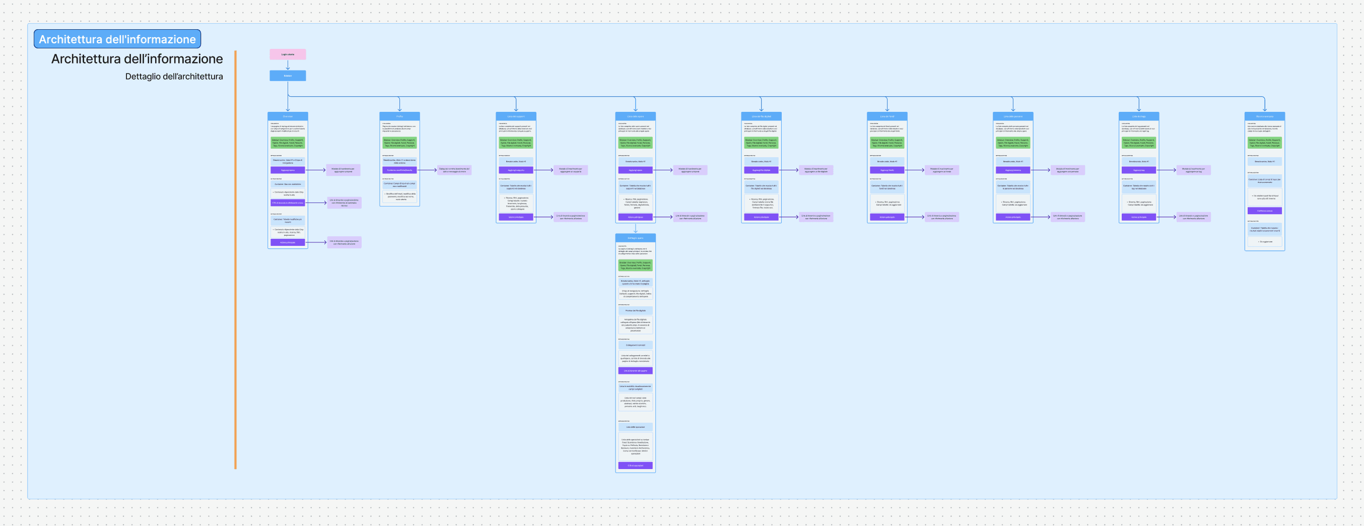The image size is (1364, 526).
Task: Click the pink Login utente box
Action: point(288,54)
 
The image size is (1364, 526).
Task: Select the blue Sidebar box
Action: point(288,76)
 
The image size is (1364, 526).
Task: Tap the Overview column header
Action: point(288,116)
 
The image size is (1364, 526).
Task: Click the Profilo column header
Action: point(399,116)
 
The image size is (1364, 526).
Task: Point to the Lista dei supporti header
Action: point(516,116)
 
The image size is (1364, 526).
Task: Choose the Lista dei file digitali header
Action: point(761,116)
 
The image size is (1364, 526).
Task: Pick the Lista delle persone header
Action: point(1012,116)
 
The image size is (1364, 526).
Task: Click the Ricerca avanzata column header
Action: point(1264,116)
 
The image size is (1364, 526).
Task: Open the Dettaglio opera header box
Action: point(635,238)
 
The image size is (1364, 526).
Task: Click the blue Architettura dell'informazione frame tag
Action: point(117,39)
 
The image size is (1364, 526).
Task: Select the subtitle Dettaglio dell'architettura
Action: point(174,76)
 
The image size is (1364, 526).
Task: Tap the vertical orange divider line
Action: point(235,259)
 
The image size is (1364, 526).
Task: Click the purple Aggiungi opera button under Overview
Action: point(288,170)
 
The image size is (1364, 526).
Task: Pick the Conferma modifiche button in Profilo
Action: point(399,170)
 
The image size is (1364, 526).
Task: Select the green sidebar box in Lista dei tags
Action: point(1138,143)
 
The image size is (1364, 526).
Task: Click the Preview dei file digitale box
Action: point(635,310)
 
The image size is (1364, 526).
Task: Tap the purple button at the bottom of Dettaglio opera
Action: point(635,466)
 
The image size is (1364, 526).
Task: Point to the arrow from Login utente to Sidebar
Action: point(288,64)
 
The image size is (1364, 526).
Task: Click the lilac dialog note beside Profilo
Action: point(454,170)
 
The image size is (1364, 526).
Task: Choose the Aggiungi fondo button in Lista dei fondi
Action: point(887,170)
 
